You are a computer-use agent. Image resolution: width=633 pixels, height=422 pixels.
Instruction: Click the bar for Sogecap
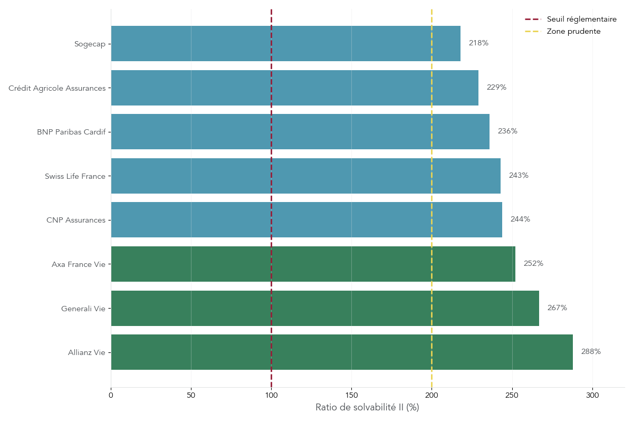coord(285,43)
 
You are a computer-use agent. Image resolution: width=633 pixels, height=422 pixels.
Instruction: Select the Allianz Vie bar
coord(342,352)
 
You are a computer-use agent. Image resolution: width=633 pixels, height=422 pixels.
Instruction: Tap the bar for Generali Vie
coord(325,308)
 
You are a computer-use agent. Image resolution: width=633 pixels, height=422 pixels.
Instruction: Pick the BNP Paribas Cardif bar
coord(300,131)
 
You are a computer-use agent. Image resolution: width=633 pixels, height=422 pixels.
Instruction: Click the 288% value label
coord(591,352)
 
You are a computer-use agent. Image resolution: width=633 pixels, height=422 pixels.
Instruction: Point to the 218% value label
coord(478,43)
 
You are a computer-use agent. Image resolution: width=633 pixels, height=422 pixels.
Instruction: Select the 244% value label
coord(520,219)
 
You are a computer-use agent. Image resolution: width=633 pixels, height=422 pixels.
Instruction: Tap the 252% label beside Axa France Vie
coord(533,264)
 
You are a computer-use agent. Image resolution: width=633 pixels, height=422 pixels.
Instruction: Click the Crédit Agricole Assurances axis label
coord(57,88)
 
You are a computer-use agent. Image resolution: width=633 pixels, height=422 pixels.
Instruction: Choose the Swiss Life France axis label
coord(75,176)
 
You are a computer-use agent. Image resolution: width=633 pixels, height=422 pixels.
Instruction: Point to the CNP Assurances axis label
coord(76,220)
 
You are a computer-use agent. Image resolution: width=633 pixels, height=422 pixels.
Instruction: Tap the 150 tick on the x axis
coord(351,395)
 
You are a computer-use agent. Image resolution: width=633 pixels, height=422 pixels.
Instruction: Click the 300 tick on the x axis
coord(592,395)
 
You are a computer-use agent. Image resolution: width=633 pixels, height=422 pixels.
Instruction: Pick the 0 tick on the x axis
coord(111,395)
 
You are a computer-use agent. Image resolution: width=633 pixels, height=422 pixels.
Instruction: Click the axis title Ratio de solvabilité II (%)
coord(367,408)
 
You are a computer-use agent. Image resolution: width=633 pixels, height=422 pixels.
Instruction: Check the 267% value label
coord(557,308)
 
